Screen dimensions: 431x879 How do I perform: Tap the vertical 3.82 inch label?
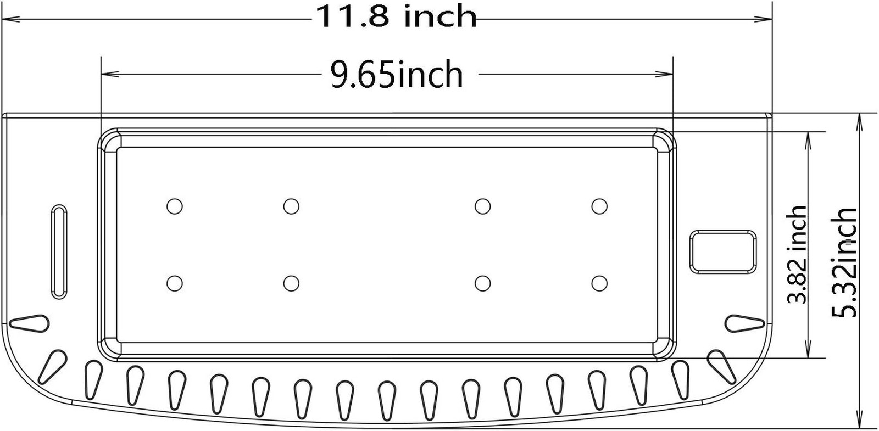click(798, 254)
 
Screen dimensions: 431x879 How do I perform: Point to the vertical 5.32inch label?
click(844, 262)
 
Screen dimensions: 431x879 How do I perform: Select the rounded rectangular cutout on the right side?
click(722, 251)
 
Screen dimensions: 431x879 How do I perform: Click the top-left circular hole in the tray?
click(175, 206)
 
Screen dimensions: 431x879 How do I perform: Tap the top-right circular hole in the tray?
click(599, 206)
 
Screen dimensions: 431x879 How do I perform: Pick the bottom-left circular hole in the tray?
click(175, 283)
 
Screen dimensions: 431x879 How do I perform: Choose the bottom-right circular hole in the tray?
click(599, 283)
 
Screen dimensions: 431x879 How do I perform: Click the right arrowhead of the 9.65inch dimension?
click(667, 74)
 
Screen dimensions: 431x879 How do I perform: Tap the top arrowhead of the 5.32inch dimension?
click(859, 118)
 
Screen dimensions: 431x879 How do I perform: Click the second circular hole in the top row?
click(291, 206)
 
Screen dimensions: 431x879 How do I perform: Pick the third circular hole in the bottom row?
click(482, 283)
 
